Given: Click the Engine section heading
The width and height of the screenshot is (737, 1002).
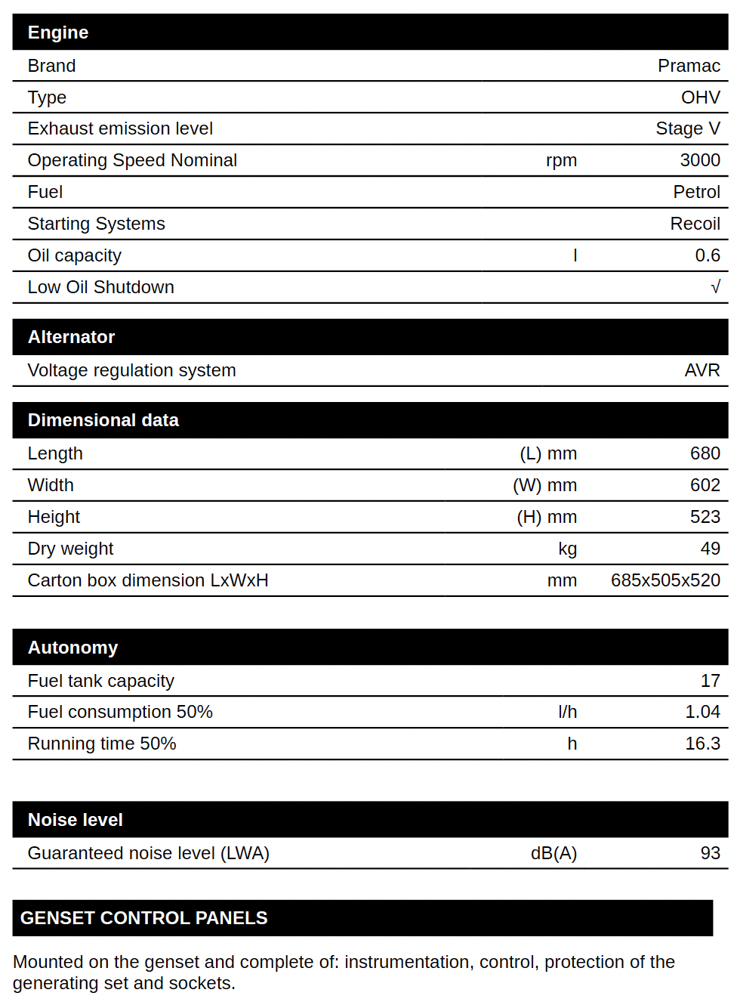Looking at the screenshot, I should [x=58, y=32].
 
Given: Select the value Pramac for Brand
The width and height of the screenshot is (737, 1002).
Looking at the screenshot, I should [x=689, y=66].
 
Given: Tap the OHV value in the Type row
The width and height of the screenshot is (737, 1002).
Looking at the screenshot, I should [x=700, y=97].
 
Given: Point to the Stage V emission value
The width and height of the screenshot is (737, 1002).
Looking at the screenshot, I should [x=687, y=128].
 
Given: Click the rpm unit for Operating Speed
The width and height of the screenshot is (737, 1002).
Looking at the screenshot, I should [x=561, y=160].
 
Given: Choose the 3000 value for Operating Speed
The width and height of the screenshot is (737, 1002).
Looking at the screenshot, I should [x=700, y=160].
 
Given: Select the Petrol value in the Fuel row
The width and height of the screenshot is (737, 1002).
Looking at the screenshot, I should [x=696, y=192].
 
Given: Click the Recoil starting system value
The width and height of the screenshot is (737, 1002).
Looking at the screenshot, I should [x=695, y=224].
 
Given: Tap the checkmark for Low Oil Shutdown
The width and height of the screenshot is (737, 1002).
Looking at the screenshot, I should [x=715, y=287].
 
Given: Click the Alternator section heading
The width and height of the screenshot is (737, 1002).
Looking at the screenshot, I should [x=72, y=337].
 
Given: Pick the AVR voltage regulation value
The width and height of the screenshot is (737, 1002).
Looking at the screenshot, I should [x=702, y=370].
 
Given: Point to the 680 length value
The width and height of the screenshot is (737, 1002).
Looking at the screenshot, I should [x=705, y=453].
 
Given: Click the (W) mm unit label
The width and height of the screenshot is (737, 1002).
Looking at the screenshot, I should [x=544, y=485].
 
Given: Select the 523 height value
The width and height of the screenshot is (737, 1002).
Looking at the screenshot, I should [x=705, y=517].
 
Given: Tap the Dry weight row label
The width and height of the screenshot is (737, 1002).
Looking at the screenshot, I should [x=71, y=549].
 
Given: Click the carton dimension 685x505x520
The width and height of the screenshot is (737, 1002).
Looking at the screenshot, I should [x=665, y=580].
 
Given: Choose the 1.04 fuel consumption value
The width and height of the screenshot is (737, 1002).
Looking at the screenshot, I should [x=702, y=712].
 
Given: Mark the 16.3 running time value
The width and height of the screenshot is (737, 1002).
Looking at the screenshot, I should [x=702, y=744].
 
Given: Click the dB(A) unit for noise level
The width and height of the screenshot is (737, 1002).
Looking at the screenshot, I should [x=554, y=853].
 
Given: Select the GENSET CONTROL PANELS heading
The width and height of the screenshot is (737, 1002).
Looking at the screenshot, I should [x=144, y=918].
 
